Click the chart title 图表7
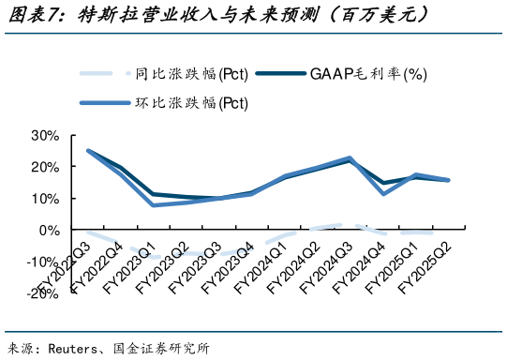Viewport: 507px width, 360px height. [x=37, y=15]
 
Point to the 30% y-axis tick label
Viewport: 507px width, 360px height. [x=44, y=136]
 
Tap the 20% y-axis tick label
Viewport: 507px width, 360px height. [x=44, y=167]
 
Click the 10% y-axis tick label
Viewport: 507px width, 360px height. [x=44, y=199]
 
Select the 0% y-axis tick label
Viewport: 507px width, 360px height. [x=48, y=230]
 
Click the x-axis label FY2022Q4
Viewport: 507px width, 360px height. [x=103, y=268]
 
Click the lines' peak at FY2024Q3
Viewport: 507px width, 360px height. [x=349, y=158]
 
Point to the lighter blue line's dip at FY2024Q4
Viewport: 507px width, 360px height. [x=383, y=193]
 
